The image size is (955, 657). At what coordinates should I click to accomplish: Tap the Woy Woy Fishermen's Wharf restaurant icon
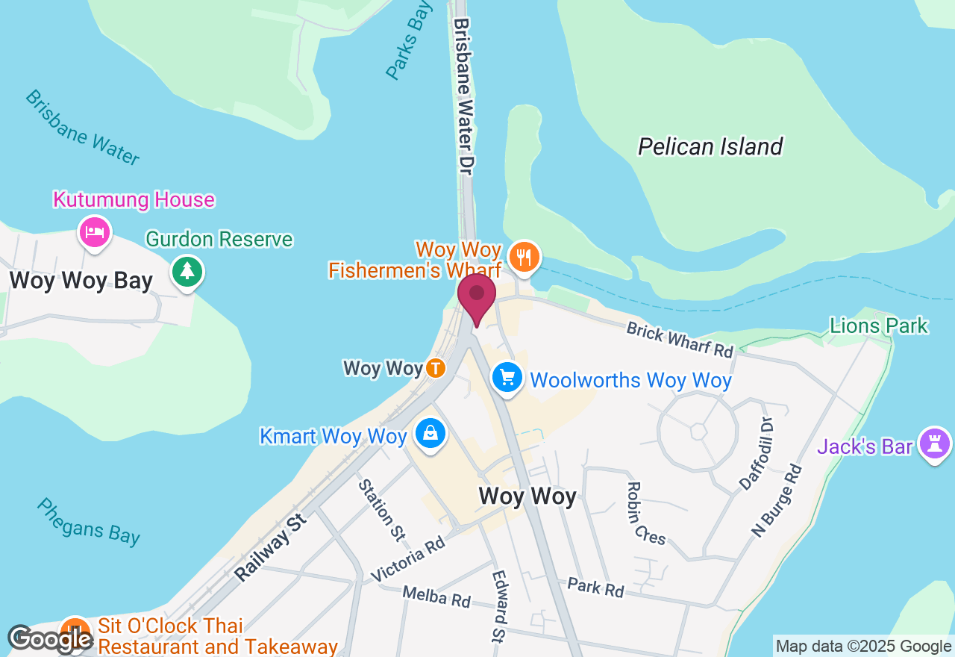point(525,257)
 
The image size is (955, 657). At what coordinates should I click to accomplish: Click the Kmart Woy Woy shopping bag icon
point(430,434)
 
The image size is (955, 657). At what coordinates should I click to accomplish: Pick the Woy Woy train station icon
point(436,368)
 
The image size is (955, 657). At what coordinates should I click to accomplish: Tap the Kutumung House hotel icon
point(95,231)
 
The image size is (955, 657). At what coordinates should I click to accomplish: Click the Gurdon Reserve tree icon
point(187,271)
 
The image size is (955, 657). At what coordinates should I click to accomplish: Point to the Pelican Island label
point(710,146)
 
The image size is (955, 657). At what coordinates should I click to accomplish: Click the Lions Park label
point(879,326)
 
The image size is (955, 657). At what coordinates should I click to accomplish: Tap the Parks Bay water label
point(408,41)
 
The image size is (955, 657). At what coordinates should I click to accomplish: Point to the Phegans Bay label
point(88,522)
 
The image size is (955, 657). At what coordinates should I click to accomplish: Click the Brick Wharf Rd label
point(680,340)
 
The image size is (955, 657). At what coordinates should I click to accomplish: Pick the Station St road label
point(381,510)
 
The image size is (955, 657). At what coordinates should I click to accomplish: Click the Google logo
point(49,639)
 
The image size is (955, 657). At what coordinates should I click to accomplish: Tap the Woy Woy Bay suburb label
point(81,281)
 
